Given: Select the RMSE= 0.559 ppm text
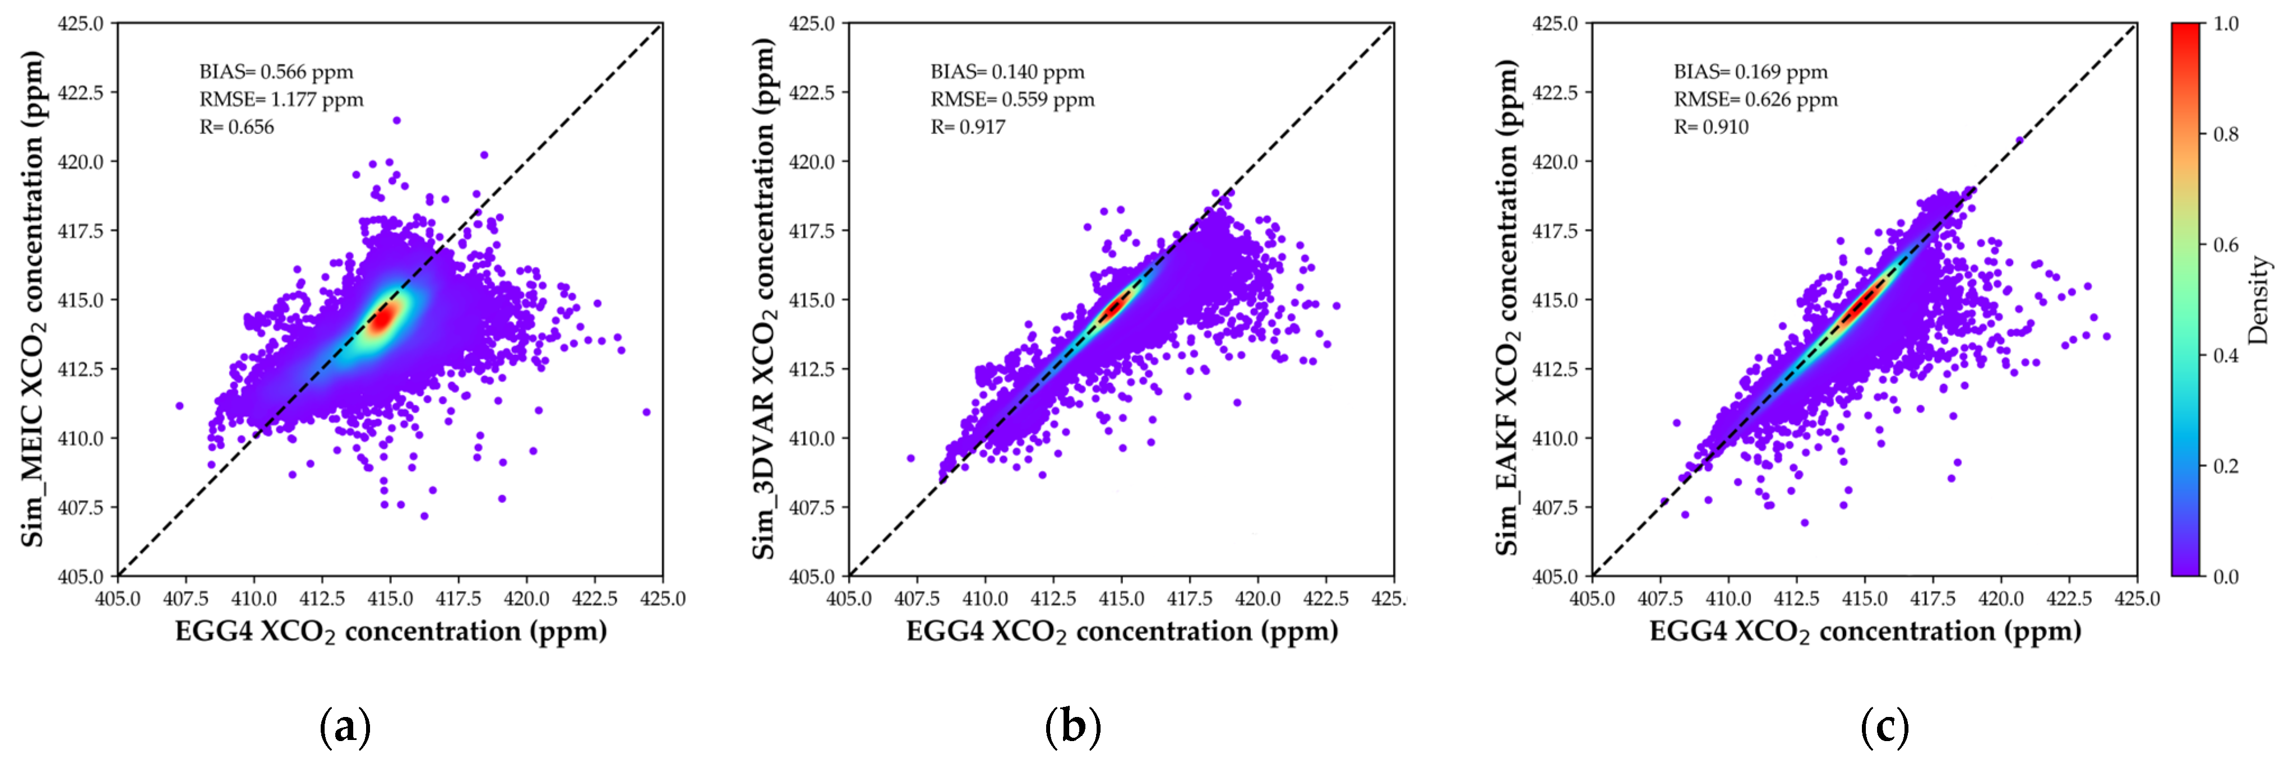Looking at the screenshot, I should click(1013, 99).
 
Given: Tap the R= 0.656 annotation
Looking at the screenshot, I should click(236, 127).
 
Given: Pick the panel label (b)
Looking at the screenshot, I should click(1073, 727).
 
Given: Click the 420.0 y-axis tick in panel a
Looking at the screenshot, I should click(81, 161).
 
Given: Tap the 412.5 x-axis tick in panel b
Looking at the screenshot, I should click(1053, 598).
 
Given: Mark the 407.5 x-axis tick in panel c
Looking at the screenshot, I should click(1660, 598).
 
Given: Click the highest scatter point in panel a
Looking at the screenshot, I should click(396, 120).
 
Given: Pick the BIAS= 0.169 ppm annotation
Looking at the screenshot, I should click(1751, 72).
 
